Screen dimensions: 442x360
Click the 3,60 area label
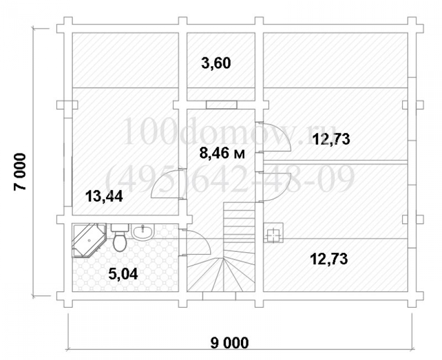pos(216,63)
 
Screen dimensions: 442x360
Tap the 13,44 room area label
pos(104,196)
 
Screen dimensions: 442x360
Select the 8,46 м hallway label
pos(222,154)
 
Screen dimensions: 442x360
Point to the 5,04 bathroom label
pos(123,274)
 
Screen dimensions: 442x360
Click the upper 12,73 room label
pos(331,139)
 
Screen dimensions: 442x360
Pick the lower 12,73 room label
pos(329,259)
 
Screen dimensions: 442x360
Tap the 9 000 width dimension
pos(230,343)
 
